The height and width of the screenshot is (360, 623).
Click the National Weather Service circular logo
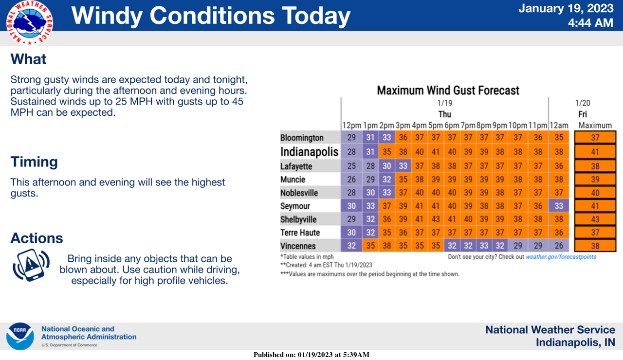[30, 23]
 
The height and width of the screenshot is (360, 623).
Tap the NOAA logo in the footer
[20, 336]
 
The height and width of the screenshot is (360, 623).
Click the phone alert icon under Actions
[31, 265]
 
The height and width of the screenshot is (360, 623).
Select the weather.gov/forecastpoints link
[561, 257]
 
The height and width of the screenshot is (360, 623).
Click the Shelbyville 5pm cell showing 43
[436, 219]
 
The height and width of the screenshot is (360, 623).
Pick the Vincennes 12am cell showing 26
[559, 246]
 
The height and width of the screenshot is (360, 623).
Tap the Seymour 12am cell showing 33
[559, 206]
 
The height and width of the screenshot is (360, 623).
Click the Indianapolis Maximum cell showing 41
[595, 152]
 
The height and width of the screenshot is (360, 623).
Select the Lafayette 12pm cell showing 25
[351, 166]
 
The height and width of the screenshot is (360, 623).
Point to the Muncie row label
[293, 180]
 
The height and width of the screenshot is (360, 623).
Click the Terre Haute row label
[300, 233]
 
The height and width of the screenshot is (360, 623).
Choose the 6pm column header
[452, 126]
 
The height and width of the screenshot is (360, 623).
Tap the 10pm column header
[517, 126]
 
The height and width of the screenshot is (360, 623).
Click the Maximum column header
[595, 126]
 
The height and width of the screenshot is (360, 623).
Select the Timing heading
[34, 162]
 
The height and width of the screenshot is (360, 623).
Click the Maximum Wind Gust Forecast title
[448, 90]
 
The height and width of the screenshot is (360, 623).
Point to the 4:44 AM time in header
[590, 23]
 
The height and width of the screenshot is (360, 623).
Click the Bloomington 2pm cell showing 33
[386, 137]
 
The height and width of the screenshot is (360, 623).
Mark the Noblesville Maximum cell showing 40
[595, 193]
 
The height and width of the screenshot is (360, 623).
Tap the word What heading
[28, 59]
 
